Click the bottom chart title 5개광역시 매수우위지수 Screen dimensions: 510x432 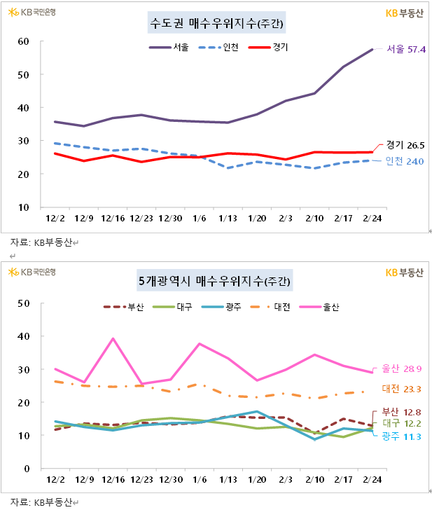pos(215,282)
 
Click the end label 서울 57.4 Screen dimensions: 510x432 pos(406,49)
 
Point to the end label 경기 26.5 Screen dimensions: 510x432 pos(405,145)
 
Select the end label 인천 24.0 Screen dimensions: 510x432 pos(405,162)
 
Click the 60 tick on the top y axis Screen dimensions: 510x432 pos(23,41)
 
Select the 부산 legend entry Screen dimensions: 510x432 pos(125,308)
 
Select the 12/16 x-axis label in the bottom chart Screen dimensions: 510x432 pos(113,479)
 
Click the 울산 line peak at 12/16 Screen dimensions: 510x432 pos(113,339)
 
